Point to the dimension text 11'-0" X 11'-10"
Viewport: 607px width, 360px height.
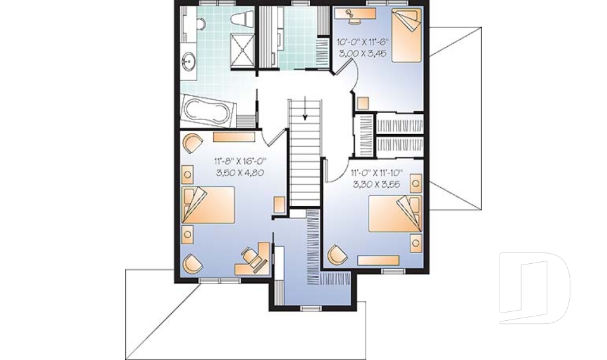tap(376, 171)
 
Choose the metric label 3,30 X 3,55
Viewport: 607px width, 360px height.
tap(376, 183)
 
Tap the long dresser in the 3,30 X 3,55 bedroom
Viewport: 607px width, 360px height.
tap(378, 259)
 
